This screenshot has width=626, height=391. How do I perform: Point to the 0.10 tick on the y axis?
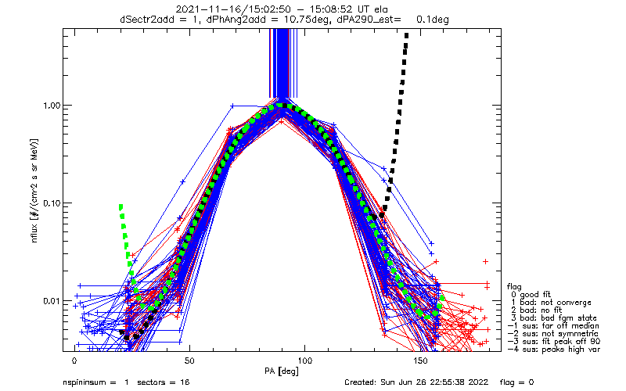(48, 203)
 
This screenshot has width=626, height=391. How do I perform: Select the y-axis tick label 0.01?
(48, 300)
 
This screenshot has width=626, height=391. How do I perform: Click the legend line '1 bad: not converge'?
(552, 302)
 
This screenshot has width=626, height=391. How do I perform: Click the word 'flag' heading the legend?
(515, 285)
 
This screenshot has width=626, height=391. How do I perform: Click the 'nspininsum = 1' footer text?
(94, 383)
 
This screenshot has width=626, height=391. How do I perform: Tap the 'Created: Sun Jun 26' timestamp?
(387, 383)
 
